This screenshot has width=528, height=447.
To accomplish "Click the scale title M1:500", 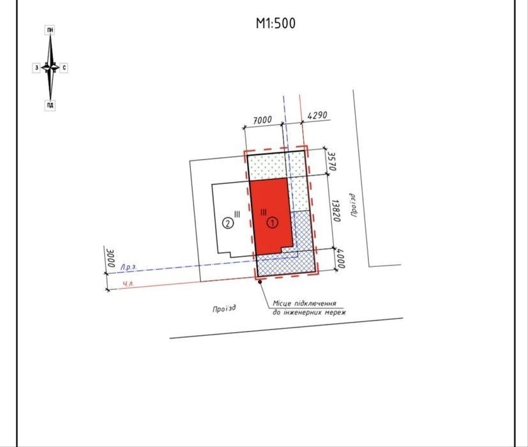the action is pos(275,23).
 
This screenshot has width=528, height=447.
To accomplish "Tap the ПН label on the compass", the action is pos(50,30).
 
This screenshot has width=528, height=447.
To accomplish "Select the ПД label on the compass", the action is pos(50,105).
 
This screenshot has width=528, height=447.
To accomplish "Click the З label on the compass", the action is pos(36,68).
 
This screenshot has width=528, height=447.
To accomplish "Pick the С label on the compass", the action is pos(64,68).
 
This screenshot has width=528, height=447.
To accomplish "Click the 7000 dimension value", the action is pos(262,120).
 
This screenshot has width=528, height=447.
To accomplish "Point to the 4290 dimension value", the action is pos(317,116).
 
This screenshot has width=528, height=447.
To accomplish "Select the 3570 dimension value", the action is pos(332,162).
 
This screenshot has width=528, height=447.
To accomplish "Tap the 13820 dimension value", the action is pos(336,211).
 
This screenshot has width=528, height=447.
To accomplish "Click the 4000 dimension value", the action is pos(341,259).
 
